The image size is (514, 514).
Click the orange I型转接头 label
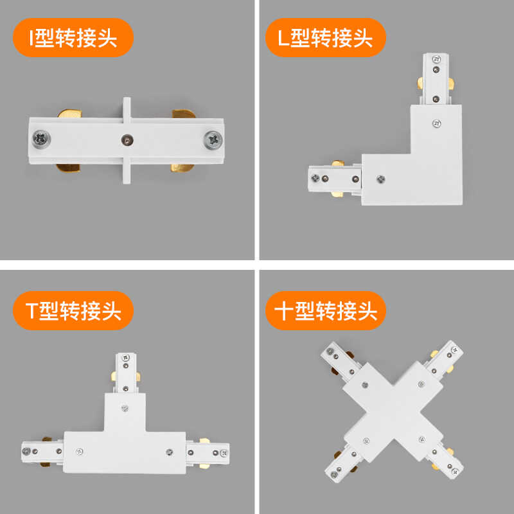tap(73, 38)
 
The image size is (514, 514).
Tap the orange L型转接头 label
tap(325, 38)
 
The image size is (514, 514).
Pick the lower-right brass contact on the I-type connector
tap(182, 167)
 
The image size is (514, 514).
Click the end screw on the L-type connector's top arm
tap(436, 60)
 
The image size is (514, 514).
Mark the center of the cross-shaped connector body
tap(393, 412)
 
